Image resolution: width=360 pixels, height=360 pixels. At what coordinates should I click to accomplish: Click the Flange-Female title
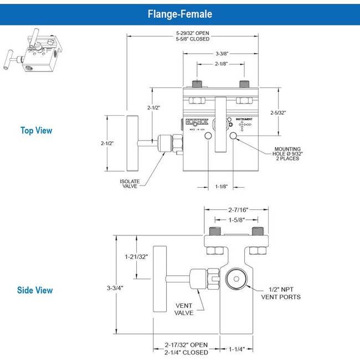pos(179,13)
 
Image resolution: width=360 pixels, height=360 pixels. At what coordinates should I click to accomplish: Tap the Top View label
pos(37,131)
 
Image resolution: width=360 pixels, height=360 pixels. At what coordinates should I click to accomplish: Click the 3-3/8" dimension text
pos(220,54)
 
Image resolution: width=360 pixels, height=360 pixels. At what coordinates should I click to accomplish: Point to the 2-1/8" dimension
pos(220,64)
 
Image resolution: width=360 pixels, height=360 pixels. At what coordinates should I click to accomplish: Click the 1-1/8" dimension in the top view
pos(220,187)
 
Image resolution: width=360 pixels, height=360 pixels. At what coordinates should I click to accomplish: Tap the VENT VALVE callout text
pos(184,309)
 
